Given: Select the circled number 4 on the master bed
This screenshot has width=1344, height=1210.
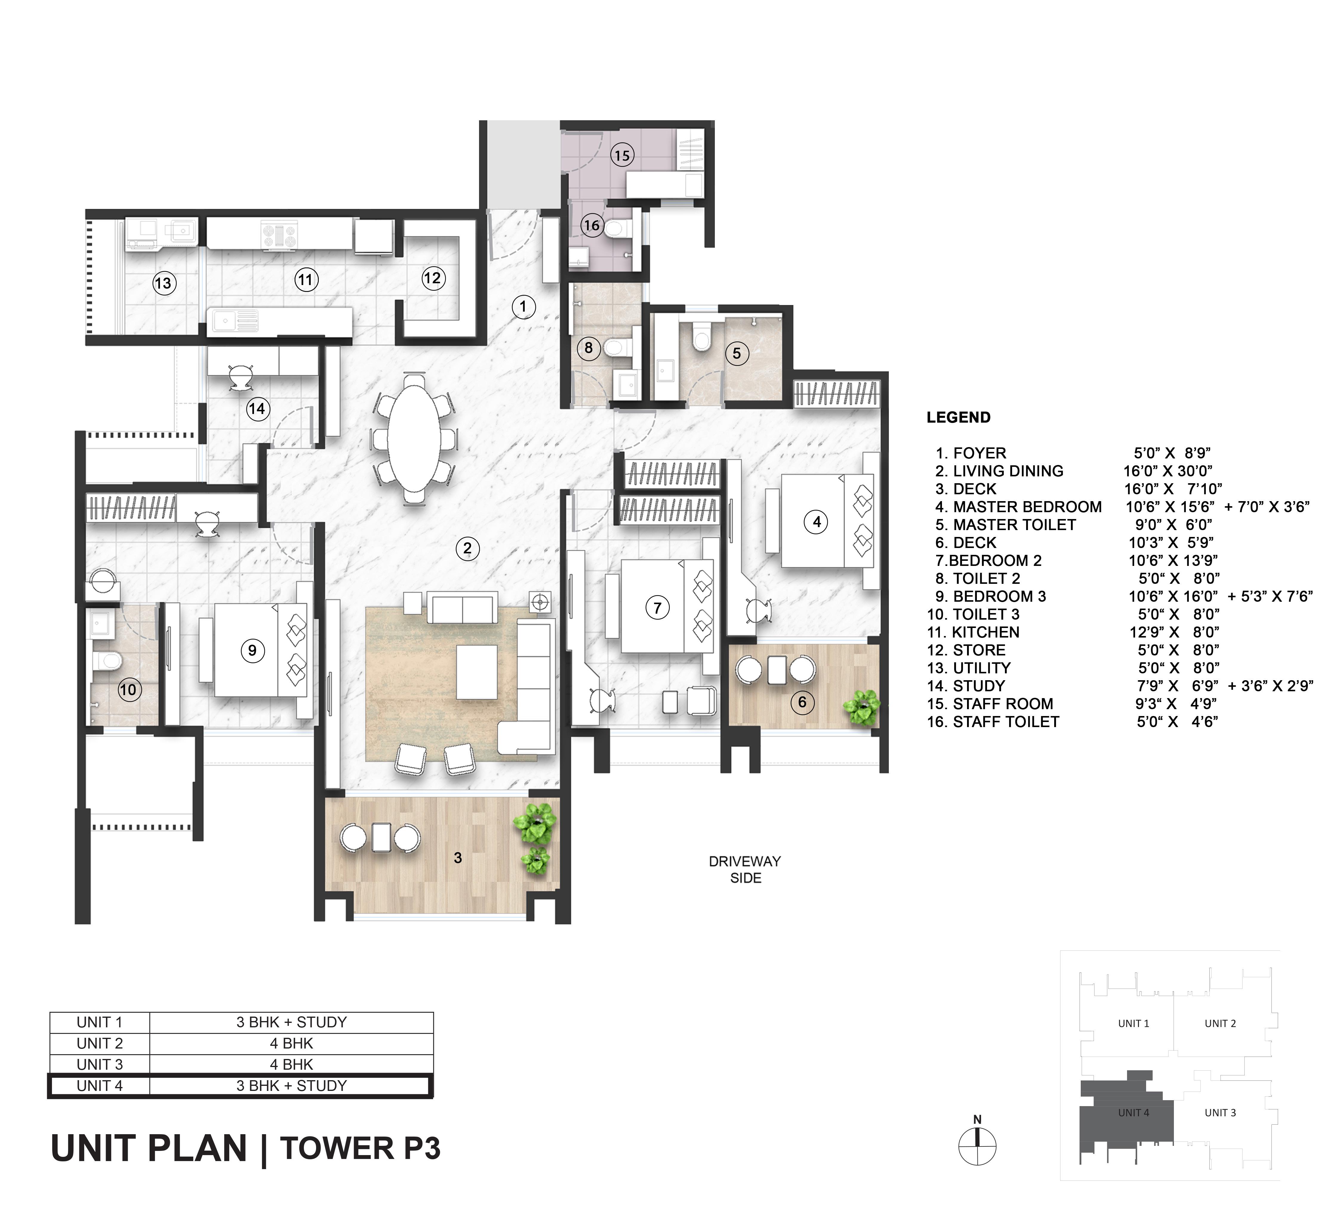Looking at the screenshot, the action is [x=817, y=522].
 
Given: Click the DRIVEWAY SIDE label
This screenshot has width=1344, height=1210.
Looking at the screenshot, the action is [x=745, y=870].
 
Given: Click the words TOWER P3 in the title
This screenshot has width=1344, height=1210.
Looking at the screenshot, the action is [x=360, y=1148].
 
